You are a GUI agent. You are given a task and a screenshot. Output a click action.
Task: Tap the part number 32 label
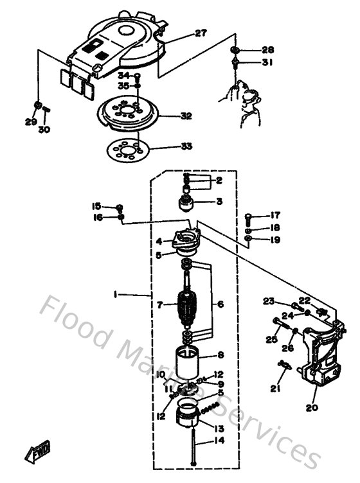coord(186,116)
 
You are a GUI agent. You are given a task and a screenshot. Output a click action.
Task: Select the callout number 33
coord(186,146)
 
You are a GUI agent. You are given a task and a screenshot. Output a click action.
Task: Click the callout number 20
coord(313,407)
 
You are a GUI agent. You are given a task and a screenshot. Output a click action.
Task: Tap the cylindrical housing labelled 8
coord(190,362)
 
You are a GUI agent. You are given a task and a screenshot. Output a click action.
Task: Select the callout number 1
coord(115,295)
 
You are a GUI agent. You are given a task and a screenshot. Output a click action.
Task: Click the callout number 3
coord(219,202)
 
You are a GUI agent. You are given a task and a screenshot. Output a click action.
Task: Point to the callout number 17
coord(275,215)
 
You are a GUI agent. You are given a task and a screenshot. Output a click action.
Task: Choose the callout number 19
coord(275,240)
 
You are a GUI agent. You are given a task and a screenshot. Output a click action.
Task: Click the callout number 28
coord(267,50)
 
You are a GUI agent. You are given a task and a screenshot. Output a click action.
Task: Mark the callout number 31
coord(267,62)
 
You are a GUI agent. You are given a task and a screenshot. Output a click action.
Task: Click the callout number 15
coord(96,206)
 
